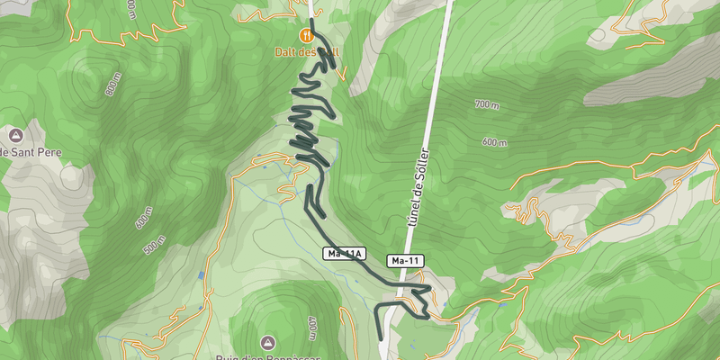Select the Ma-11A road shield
(345, 255)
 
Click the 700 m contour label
(486, 106)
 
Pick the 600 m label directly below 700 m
(494, 141)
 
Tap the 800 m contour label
(113, 90)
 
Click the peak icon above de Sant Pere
(15, 135)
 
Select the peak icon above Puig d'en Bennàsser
(267, 342)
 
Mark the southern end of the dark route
(381, 337)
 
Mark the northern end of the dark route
(312, 20)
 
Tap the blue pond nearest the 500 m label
(201, 273)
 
